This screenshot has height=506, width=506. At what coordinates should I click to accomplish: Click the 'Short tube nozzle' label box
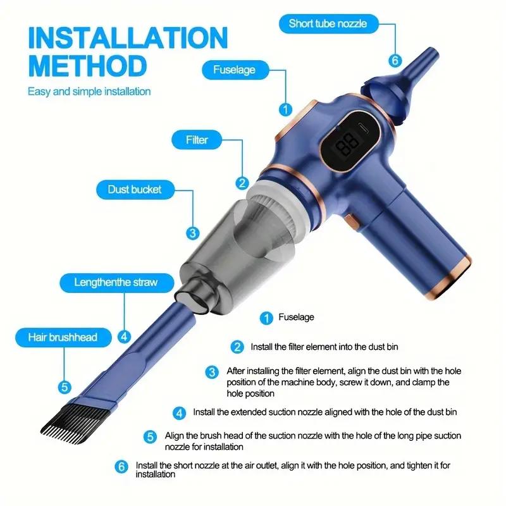click(x=327, y=25)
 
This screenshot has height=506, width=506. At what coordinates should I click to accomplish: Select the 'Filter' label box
click(x=197, y=139)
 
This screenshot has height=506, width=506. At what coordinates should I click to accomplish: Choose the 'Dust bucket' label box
click(x=134, y=189)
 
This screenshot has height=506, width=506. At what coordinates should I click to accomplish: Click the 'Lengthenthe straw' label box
click(x=116, y=281)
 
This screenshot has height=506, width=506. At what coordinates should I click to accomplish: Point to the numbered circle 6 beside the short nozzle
click(x=395, y=61)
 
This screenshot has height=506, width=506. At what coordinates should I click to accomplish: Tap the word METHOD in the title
click(x=87, y=65)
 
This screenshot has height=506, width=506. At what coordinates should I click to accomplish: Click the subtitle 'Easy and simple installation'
click(x=89, y=91)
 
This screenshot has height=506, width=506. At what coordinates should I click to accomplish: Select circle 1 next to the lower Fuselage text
click(x=267, y=318)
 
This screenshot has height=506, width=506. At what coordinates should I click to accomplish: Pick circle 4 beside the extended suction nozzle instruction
click(x=180, y=412)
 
